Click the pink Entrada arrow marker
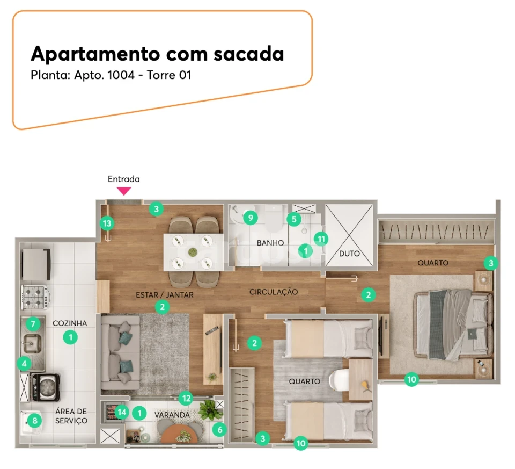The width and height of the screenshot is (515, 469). click(x=124, y=190)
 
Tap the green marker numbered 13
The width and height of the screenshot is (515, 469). click(x=107, y=223)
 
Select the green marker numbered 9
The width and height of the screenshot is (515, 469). click(x=250, y=218)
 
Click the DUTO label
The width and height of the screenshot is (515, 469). click(x=349, y=254)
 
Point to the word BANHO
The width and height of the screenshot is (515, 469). click(x=270, y=243)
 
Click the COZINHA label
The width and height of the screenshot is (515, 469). click(x=70, y=323)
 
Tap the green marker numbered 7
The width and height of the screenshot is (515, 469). click(x=33, y=324)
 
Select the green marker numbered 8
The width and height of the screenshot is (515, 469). click(x=35, y=421)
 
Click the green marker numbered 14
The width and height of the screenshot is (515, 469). click(x=122, y=413)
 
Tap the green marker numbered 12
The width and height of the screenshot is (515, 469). click(x=186, y=398)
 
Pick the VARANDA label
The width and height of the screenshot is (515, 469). click(x=173, y=415)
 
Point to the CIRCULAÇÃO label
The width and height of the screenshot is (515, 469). click(x=273, y=292)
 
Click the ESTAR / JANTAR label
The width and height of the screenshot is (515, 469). click(x=164, y=294)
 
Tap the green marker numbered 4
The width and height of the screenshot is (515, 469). click(x=23, y=364)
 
